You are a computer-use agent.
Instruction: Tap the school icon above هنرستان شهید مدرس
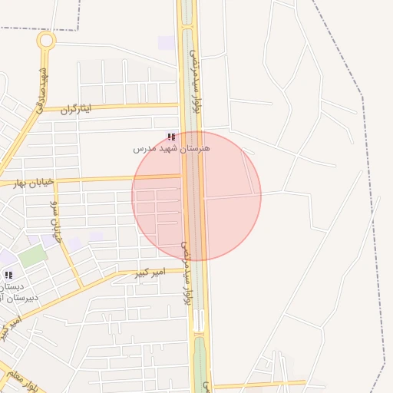(x=170, y=137)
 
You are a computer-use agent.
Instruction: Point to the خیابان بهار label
(x=34, y=183)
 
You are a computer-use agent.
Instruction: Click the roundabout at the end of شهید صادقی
(x=46, y=40)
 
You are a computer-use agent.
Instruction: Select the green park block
(x=32, y=256)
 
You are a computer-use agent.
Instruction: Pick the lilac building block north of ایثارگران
(x=166, y=43)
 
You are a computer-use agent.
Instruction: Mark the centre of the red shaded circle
(x=196, y=196)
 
